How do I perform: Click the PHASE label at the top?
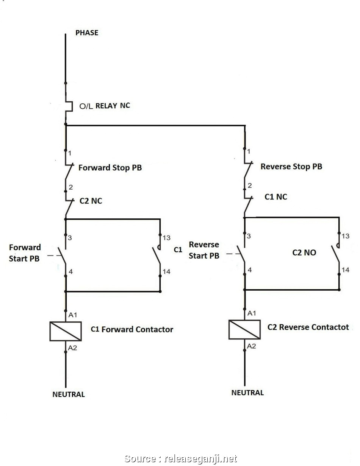click(87, 33)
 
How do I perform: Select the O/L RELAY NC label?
click(104, 106)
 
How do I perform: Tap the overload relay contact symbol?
click(69, 106)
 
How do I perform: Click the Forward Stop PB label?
click(110, 167)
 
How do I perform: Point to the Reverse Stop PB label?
click(291, 166)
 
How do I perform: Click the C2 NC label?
click(91, 201)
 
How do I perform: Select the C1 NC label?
click(276, 197)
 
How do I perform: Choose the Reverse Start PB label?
click(204, 250)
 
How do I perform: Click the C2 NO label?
click(304, 252)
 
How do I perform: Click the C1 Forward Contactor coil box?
click(66, 331)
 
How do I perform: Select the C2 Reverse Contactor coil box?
click(244, 329)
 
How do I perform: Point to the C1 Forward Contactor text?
click(132, 329)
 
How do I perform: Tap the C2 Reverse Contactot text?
click(308, 327)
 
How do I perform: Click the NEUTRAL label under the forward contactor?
click(69, 394)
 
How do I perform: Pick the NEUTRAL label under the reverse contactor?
click(247, 393)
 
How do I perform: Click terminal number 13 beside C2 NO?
click(345, 236)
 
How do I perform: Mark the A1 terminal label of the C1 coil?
click(73, 315)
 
